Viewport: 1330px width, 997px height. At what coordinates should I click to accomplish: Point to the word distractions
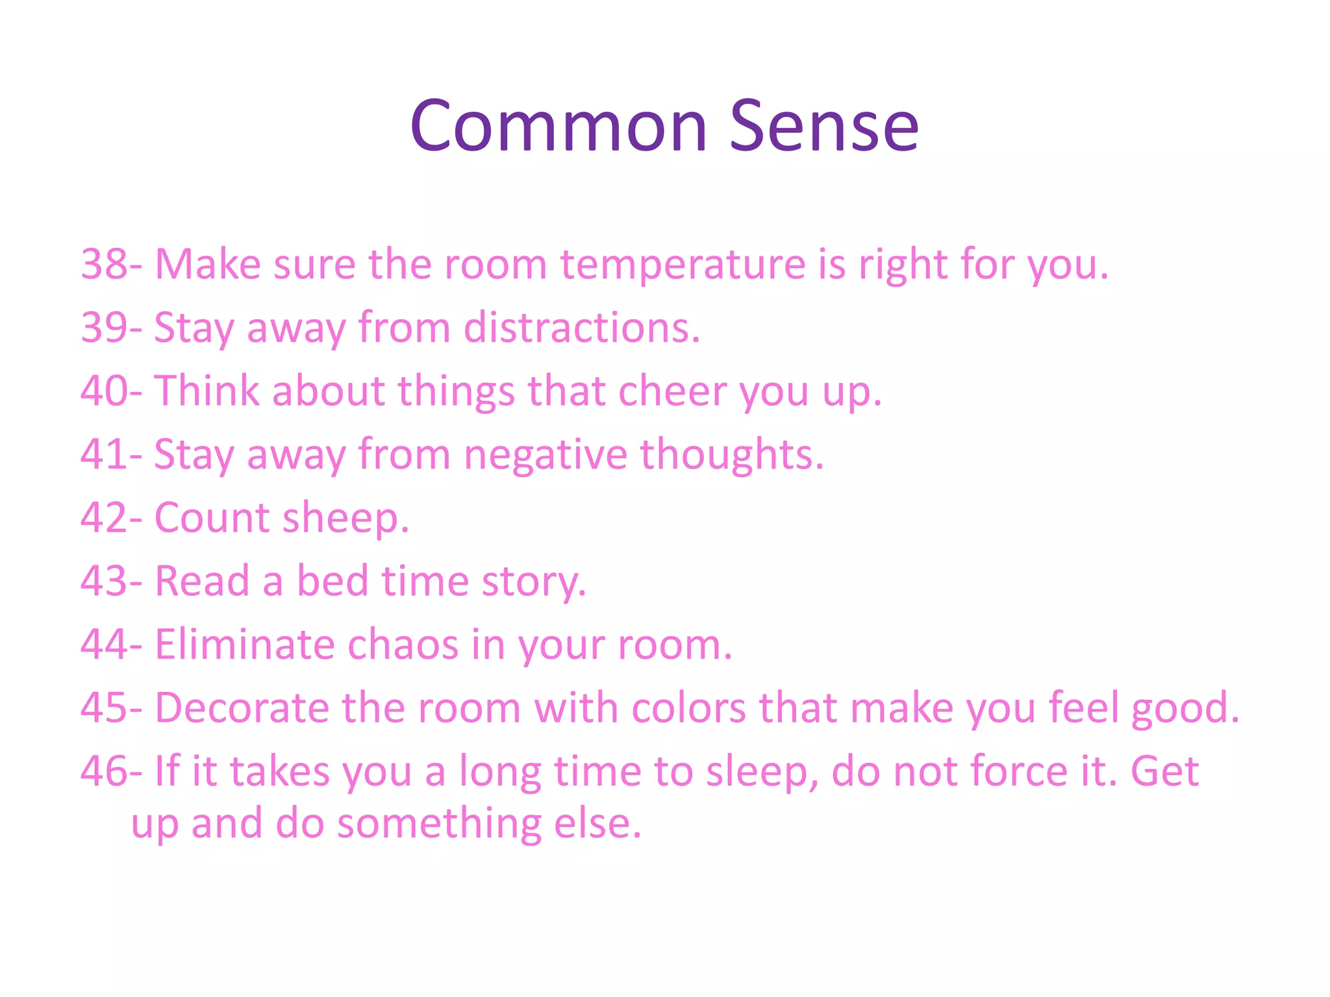(x=581, y=327)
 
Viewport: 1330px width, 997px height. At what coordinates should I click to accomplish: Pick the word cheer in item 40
(x=673, y=391)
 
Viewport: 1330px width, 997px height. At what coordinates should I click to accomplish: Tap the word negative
(x=545, y=454)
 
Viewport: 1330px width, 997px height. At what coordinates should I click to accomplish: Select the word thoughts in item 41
(x=731, y=454)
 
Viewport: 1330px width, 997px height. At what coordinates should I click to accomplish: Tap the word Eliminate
(x=245, y=644)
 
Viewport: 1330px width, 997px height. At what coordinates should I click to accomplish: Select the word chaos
(x=403, y=644)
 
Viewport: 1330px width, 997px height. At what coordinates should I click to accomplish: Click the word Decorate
(x=242, y=707)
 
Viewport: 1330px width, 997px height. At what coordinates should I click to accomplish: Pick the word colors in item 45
(x=688, y=707)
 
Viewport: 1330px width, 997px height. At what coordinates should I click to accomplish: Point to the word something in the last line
(x=439, y=824)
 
